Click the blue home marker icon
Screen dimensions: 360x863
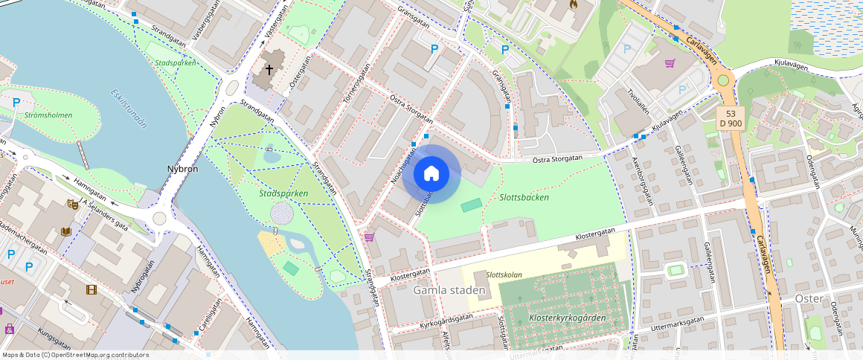pyautogui.click(x=431, y=174)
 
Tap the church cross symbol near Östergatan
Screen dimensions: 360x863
pyautogui.click(x=268, y=71)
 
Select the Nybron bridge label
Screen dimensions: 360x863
pyautogui.click(x=182, y=169)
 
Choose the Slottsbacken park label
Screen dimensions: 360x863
pyautogui.click(x=524, y=197)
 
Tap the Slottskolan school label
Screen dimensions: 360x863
pyautogui.click(x=504, y=274)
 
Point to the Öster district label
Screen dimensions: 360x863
pyautogui.click(x=808, y=298)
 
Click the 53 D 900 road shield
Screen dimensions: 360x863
pyautogui.click(x=731, y=117)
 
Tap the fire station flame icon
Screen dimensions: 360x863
pyautogui.click(x=573, y=4)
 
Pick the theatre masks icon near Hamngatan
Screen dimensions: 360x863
pyautogui.click(x=73, y=203)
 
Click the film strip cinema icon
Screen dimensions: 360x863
pyautogui.click(x=91, y=289)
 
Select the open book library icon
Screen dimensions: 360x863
pyautogui.click(x=65, y=231)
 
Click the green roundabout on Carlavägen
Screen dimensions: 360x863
pyautogui.click(x=722, y=80)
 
